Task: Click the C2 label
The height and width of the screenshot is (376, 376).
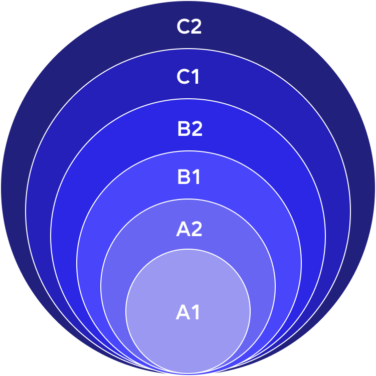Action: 189,27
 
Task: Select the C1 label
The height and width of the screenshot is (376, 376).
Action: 188,77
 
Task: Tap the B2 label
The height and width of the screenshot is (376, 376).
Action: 190,129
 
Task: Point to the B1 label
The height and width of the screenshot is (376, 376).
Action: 189,177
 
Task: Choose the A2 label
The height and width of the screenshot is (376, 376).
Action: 189,229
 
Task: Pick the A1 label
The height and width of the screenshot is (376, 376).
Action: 187,312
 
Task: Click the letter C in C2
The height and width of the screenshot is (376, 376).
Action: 182,27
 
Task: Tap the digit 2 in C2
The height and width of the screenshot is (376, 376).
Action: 196,27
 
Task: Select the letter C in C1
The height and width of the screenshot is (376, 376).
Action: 182,77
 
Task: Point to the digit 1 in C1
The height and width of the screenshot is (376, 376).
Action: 195,77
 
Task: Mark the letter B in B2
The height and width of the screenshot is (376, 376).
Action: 183,129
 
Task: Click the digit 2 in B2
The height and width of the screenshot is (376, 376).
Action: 197,129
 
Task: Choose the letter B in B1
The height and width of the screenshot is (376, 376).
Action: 183,177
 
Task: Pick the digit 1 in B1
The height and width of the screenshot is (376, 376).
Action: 196,177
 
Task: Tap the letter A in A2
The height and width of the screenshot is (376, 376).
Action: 182,229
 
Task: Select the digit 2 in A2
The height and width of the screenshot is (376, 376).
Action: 197,229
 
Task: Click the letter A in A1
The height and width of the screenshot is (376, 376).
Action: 182,312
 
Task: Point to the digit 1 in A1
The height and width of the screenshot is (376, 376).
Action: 196,312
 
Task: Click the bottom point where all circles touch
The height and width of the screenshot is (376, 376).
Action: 188,373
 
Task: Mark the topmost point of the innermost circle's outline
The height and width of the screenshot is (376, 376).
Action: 188,249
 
